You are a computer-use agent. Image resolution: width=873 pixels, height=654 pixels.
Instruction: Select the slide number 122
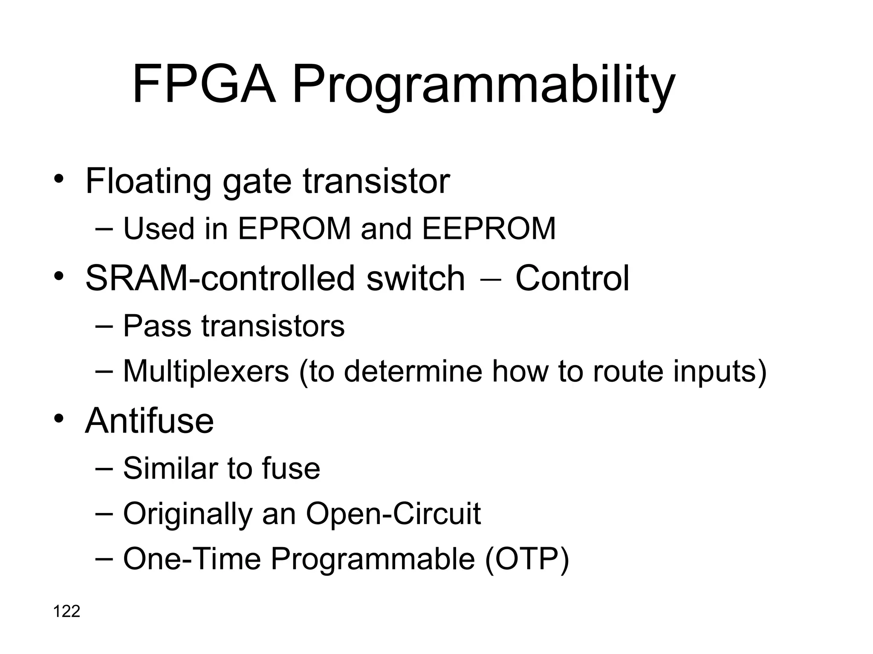(x=67, y=611)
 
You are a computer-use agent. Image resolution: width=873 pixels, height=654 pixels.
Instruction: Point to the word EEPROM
(x=489, y=229)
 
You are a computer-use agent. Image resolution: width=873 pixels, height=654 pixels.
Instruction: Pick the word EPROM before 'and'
(x=294, y=229)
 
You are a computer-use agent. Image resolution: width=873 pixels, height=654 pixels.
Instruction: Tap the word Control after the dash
(x=572, y=278)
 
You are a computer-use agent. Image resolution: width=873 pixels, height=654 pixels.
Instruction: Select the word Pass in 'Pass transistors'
(x=157, y=326)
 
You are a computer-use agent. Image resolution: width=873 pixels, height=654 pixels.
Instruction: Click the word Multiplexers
(x=206, y=372)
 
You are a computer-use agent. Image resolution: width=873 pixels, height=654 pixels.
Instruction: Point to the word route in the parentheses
(x=628, y=372)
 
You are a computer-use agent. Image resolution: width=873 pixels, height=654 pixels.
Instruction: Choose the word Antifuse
(x=149, y=421)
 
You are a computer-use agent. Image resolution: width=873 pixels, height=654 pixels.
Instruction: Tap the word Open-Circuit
(x=393, y=514)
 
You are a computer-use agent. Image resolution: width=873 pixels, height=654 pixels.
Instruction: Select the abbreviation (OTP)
(x=527, y=559)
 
